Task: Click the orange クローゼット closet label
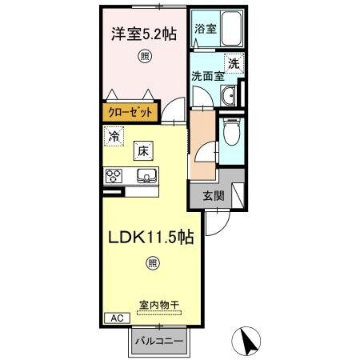click(127, 113)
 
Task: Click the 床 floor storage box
click(141, 150)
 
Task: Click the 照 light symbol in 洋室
click(145, 55)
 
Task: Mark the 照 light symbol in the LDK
click(151, 262)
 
